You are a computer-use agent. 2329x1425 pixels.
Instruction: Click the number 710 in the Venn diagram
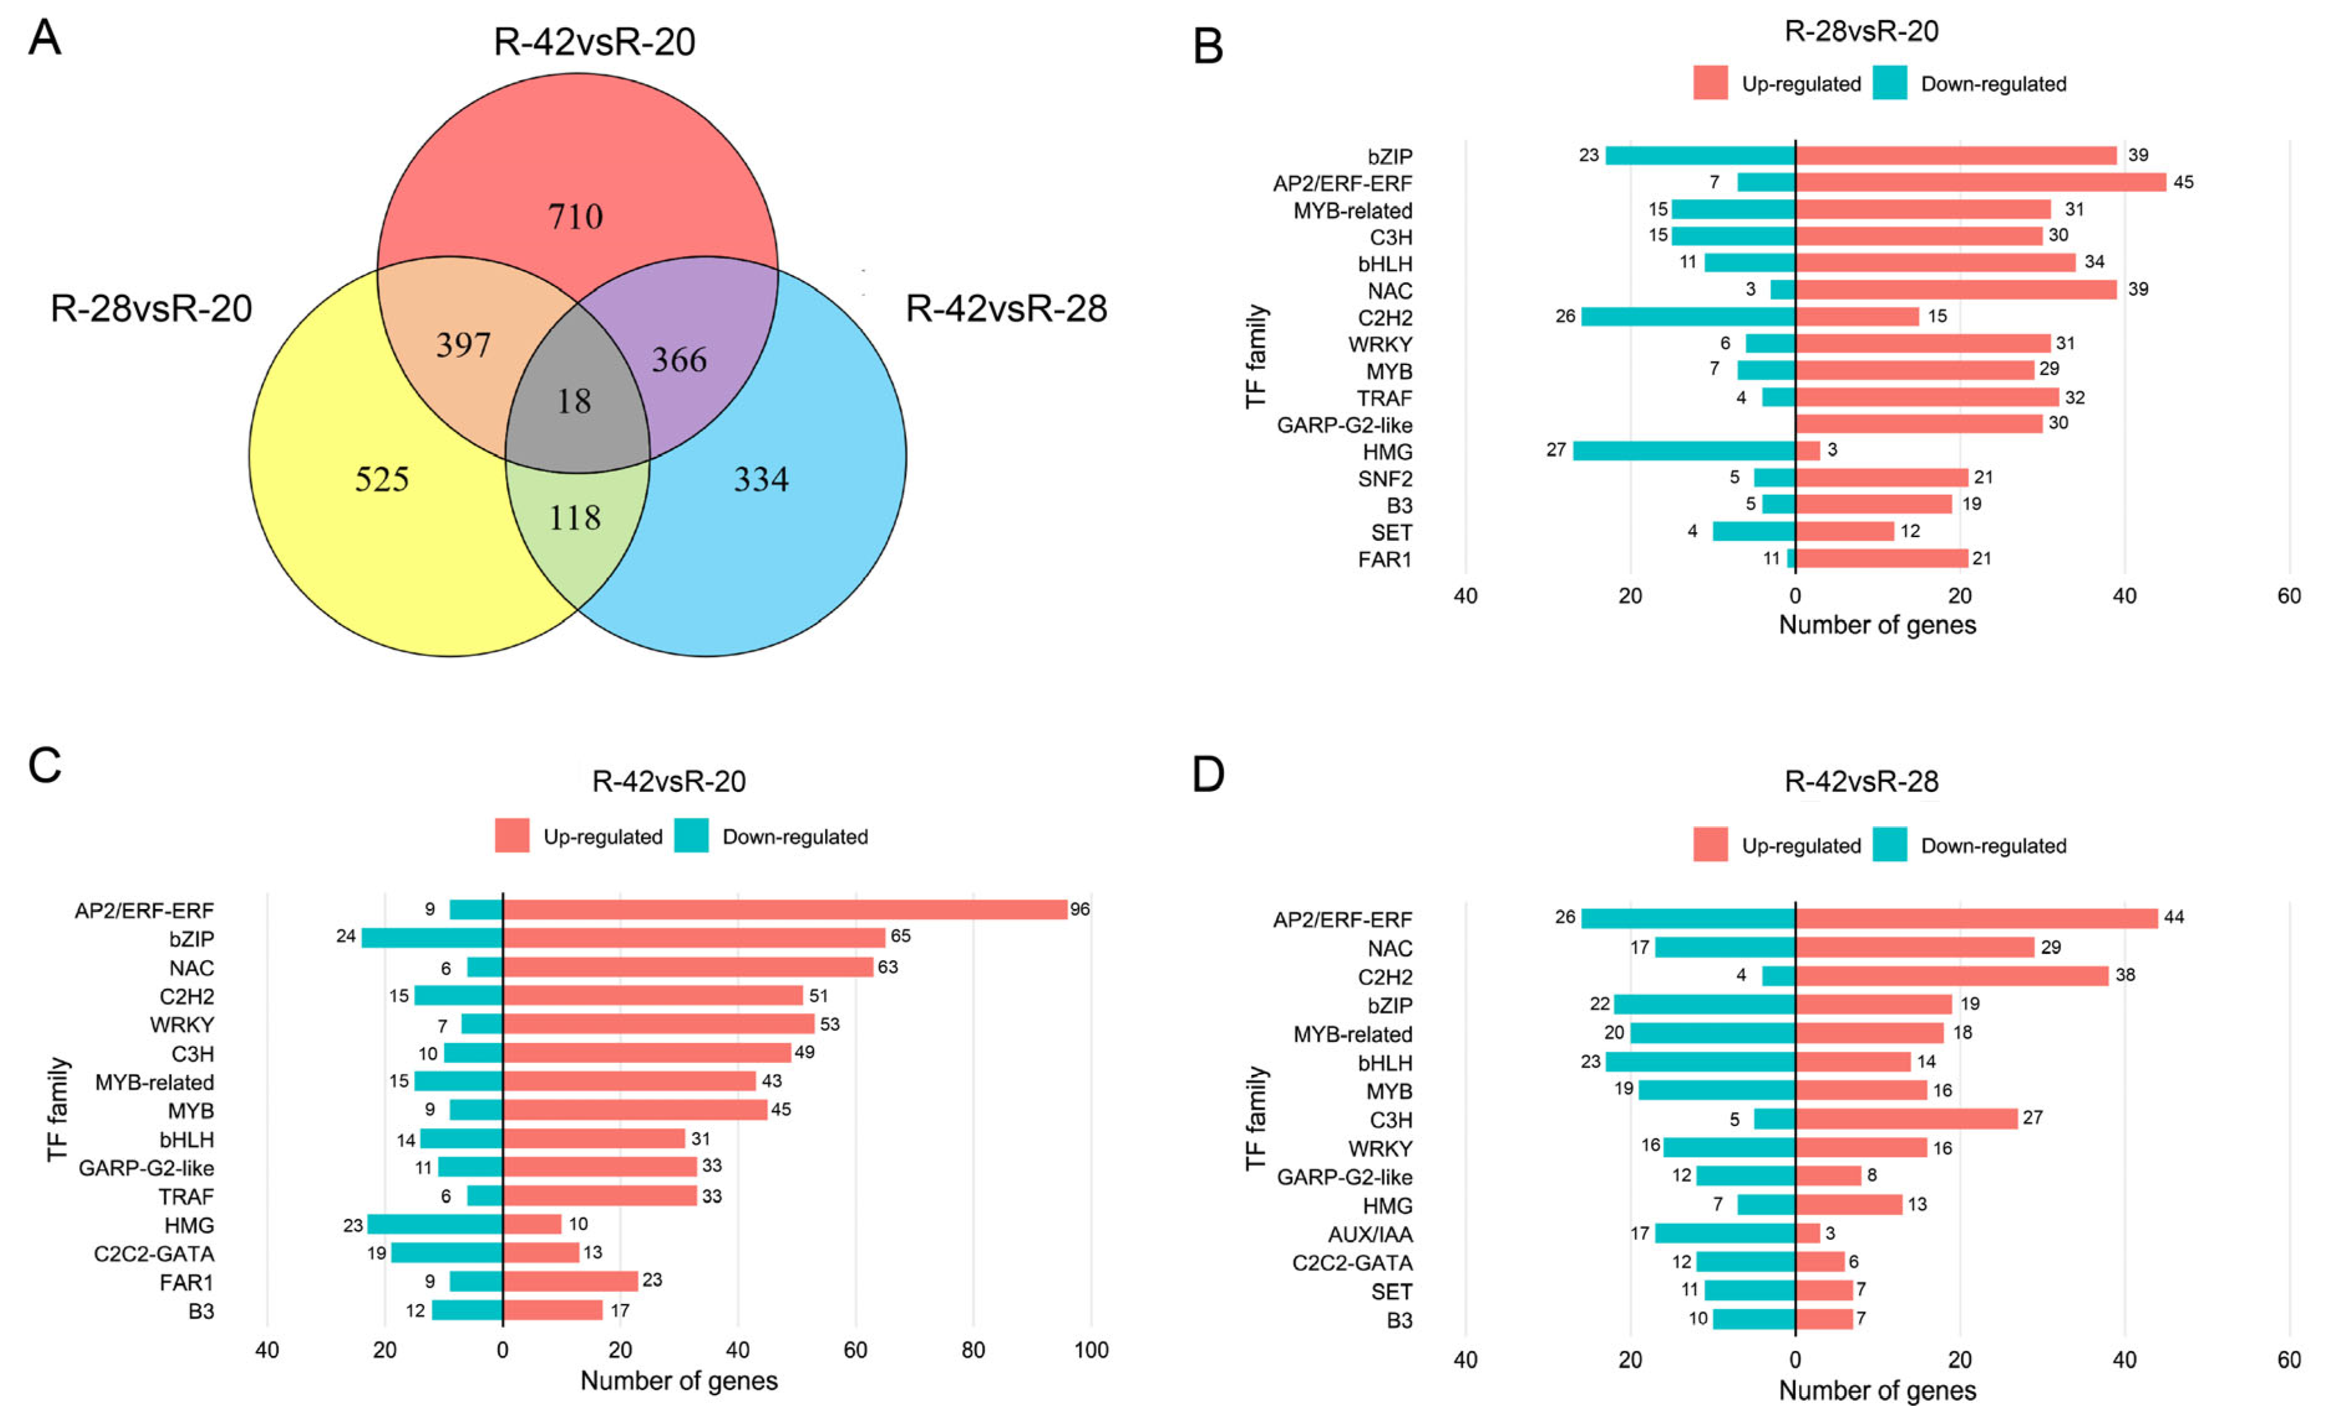575,217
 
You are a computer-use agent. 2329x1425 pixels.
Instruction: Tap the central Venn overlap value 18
574,401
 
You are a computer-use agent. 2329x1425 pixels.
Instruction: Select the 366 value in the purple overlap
679,360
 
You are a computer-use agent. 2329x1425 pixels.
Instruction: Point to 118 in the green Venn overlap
575,517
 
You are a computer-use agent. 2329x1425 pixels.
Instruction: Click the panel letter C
44,766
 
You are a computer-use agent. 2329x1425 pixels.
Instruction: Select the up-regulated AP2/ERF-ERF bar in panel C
785,910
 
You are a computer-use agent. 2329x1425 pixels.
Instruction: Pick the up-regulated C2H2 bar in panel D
1952,976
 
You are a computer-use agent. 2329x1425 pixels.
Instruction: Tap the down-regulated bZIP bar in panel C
432,938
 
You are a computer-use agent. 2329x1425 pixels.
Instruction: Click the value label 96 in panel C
1079,910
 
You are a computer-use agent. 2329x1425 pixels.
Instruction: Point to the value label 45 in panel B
2183,183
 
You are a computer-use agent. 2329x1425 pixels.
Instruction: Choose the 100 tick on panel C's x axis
1091,1350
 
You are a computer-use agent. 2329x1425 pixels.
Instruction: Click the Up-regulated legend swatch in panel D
1710,844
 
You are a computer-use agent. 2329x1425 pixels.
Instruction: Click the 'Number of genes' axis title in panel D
1877,1390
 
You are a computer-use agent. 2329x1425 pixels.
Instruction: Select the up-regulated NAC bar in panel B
1955,289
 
